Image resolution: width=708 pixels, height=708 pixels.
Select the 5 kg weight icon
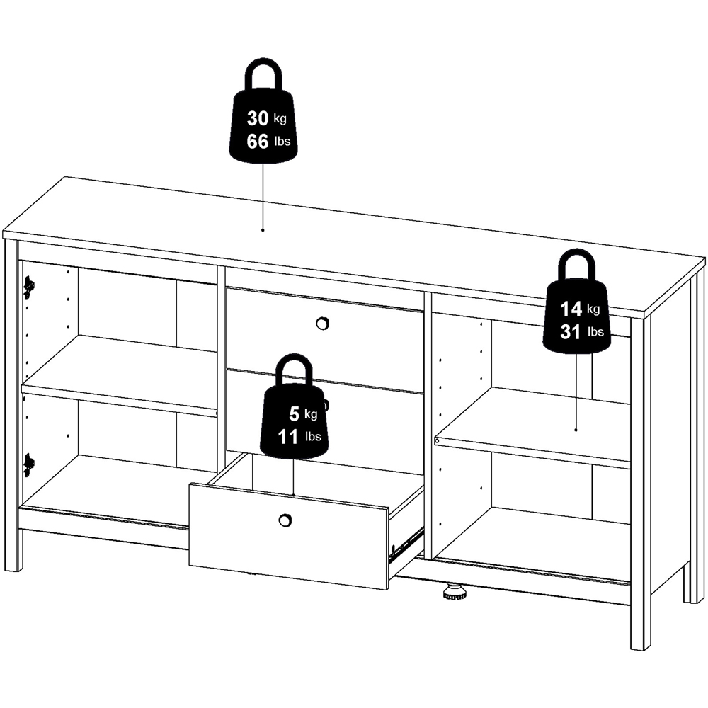point(293,421)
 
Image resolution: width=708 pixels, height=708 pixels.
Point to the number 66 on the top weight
point(257,142)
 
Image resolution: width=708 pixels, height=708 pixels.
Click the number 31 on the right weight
point(571,331)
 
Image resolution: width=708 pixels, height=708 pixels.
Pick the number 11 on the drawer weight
point(288,437)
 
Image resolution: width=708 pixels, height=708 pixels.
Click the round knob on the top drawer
point(321,323)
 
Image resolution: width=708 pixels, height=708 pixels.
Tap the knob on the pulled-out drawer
point(285,520)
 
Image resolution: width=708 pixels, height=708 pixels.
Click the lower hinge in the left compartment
point(28,464)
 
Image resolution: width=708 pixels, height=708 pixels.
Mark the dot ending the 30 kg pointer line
point(263,230)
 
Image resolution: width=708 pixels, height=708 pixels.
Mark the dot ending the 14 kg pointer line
point(576,429)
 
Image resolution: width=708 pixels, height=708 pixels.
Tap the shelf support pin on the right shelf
point(437,440)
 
